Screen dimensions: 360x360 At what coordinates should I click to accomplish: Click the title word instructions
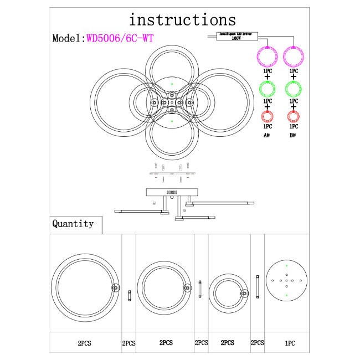[182, 20]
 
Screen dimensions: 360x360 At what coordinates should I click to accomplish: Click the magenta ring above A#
[268, 56]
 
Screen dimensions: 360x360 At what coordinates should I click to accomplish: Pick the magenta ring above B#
[294, 56]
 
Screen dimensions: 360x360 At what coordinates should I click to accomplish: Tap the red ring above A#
[268, 116]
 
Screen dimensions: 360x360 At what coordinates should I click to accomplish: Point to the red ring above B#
[294, 116]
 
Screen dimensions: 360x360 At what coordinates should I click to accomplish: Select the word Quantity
[73, 224]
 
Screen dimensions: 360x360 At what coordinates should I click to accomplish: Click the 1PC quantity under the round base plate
[290, 343]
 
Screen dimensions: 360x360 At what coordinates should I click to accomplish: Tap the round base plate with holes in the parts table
[286, 282]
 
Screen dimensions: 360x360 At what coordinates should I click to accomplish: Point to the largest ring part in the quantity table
[85, 287]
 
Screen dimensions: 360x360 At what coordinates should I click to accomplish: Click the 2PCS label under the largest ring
[85, 343]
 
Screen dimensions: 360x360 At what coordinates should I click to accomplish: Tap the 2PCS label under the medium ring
[164, 343]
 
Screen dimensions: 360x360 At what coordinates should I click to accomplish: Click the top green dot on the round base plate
[286, 268]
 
